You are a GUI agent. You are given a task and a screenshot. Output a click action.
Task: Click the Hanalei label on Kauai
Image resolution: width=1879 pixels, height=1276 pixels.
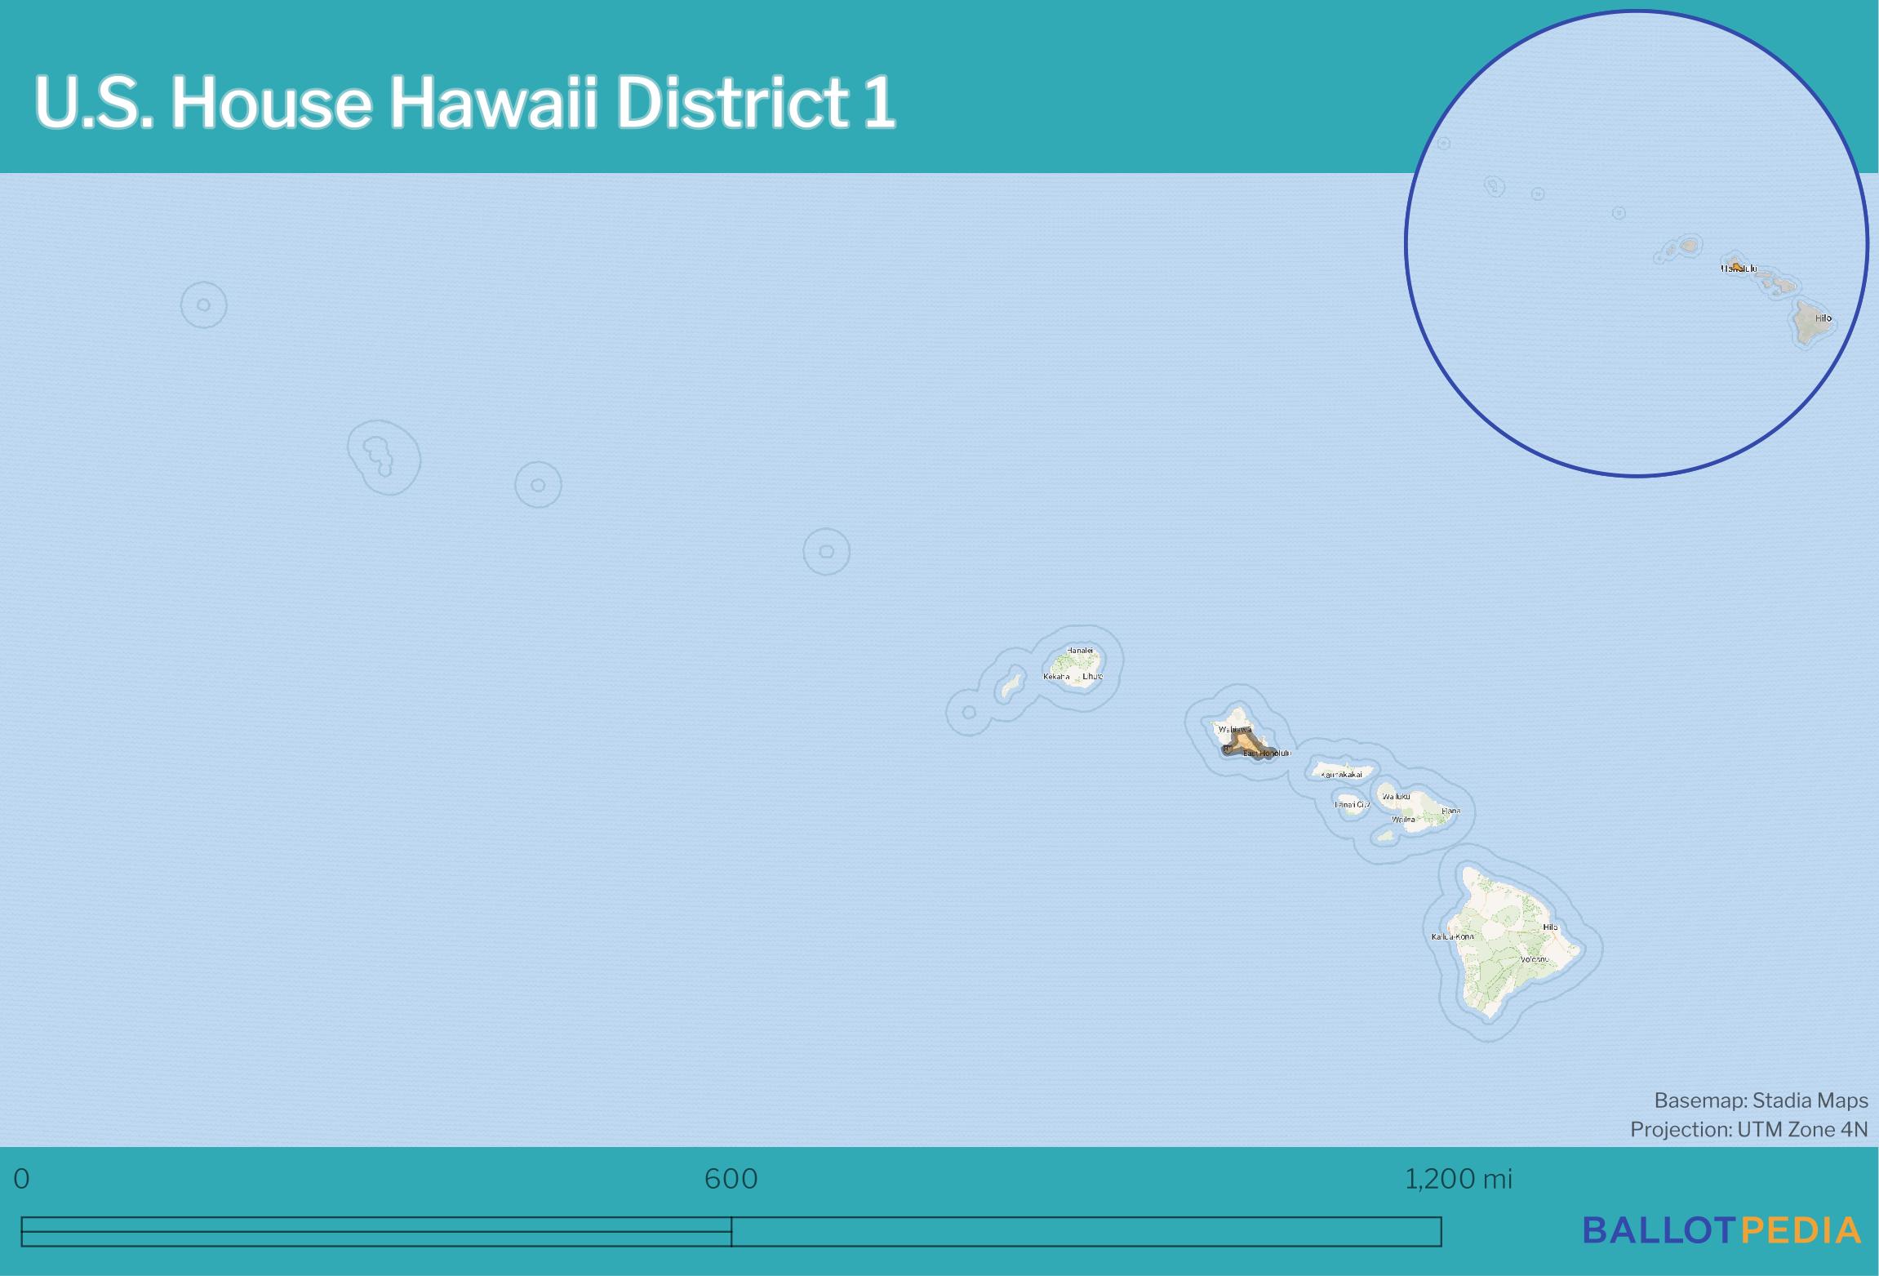pyautogui.click(x=1079, y=651)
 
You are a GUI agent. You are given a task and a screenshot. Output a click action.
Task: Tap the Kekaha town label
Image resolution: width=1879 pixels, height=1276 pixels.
pyautogui.click(x=1056, y=677)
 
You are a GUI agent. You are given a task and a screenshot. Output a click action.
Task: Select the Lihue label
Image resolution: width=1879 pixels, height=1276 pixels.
pyautogui.click(x=1092, y=677)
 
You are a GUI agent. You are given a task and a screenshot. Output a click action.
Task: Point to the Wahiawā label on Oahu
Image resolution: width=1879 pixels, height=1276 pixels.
pyautogui.click(x=1234, y=729)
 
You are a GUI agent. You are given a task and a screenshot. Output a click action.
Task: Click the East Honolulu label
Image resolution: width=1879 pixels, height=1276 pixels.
pyautogui.click(x=1267, y=754)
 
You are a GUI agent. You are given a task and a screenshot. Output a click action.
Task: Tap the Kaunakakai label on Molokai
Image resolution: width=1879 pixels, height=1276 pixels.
pyautogui.click(x=1341, y=775)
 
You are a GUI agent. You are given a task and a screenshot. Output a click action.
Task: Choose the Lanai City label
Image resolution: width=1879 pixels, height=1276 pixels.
pyautogui.click(x=1352, y=805)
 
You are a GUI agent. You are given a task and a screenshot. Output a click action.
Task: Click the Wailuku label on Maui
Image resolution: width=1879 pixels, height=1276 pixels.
pyautogui.click(x=1396, y=797)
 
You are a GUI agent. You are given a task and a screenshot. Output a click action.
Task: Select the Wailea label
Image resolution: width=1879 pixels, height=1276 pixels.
pyautogui.click(x=1403, y=820)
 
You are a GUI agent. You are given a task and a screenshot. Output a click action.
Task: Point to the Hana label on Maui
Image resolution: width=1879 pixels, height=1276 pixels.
pyautogui.click(x=1450, y=811)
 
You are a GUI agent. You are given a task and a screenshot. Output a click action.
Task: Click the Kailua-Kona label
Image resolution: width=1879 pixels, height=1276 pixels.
pyautogui.click(x=1453, y=936)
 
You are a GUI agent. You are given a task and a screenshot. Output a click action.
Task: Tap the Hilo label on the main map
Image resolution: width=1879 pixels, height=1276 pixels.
pyautogui.click(x=1550, y=927)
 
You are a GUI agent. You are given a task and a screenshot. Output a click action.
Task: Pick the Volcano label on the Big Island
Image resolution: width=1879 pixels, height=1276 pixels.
pyautogui.click(x=1534, y=959)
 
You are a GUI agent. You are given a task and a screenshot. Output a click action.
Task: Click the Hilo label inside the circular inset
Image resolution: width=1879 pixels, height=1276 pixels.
pyautogui.click(x=1823, y=318)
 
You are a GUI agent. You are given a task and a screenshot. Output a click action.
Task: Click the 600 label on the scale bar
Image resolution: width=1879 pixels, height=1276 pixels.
pyautogui.click(x=731, y=1179)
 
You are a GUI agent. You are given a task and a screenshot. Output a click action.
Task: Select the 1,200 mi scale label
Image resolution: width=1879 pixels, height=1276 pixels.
pyautogui.click(x=1458, y=1179)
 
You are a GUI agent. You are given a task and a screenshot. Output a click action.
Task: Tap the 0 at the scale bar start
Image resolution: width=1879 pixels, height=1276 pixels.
pyautogui.click(x=22, y=1179)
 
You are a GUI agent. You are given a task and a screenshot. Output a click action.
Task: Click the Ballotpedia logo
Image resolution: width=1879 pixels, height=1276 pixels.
pyautogui.click(x=1722, y=1230)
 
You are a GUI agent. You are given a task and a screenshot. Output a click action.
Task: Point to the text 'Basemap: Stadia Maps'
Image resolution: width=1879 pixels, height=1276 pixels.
pyautogui.click(x=1761, y=1101)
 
